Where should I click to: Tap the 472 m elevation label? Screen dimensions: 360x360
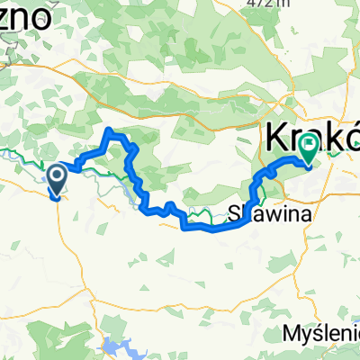(270, 4)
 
